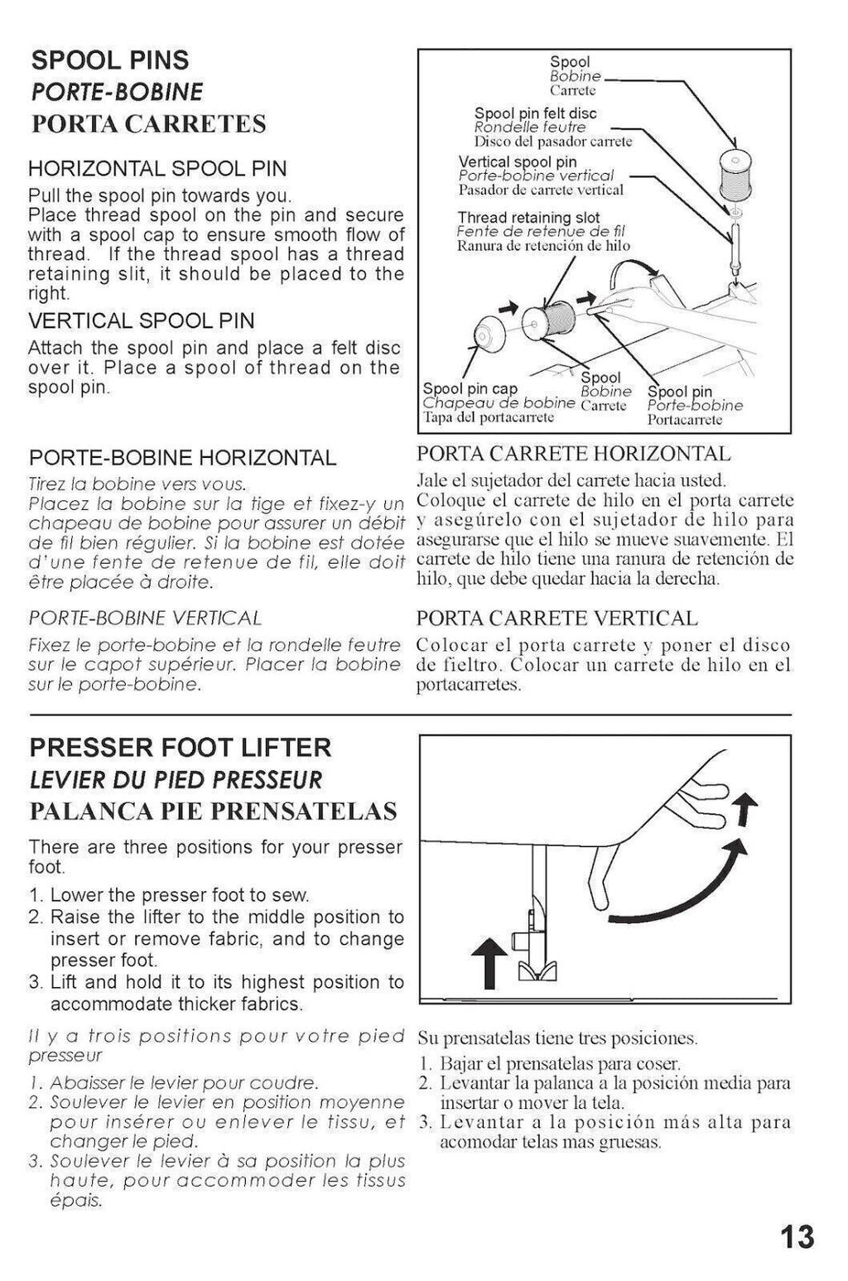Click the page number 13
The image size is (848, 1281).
[x=797, y=1238]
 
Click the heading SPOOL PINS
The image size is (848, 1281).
[x=109, y=60]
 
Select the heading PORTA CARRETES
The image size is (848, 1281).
[x=148, y=124]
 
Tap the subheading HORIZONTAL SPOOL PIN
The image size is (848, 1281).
[x=157, y=169]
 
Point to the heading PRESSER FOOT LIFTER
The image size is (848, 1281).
[x=181, y=748]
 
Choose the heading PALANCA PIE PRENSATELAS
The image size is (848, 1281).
[x=213, y=811]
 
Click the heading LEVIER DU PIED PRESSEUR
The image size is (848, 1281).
[x=176, y=780]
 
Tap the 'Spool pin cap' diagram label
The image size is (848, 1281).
[x=470, y=388]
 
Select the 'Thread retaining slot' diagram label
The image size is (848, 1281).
[x=528, y=218]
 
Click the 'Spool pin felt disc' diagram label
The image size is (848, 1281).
[x=535, y=113]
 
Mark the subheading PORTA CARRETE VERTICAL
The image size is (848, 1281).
[x=556, y=619]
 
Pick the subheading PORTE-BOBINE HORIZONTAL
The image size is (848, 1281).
[x=182, y=458]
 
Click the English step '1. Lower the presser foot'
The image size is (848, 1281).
[x=169, y=895]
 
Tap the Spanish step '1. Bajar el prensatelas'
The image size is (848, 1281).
[x=549, y=1064]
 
